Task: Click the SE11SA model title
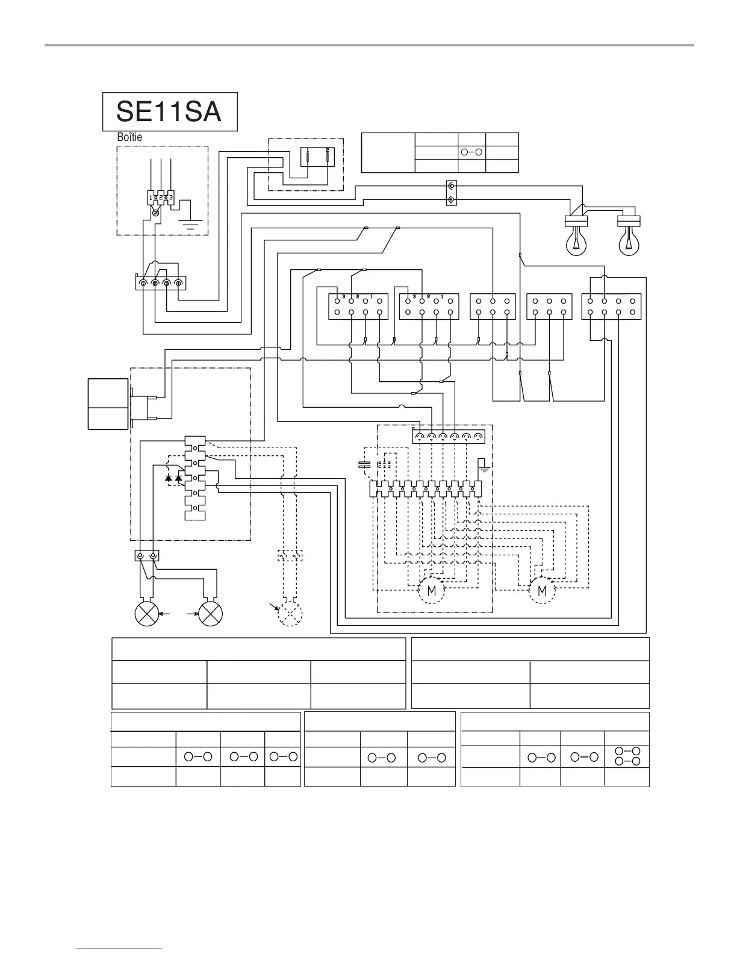(x=169, y=112)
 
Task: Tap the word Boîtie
(x=129, y=137)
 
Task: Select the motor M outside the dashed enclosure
(x=542, y=591)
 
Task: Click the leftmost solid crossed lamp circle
(x=147, y=614)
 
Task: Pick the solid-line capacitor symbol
(x=364, y=464)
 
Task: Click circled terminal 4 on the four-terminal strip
(x=179, y=282)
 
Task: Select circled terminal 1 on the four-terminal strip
(x=143, y=282)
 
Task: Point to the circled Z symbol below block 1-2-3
(x=155, y=213)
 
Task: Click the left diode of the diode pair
(x=169, y=478)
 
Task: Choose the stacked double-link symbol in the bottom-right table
(x=626, y=756)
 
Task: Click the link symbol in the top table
(x=471, y=152)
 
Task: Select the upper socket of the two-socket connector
(x=452, y=187)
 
